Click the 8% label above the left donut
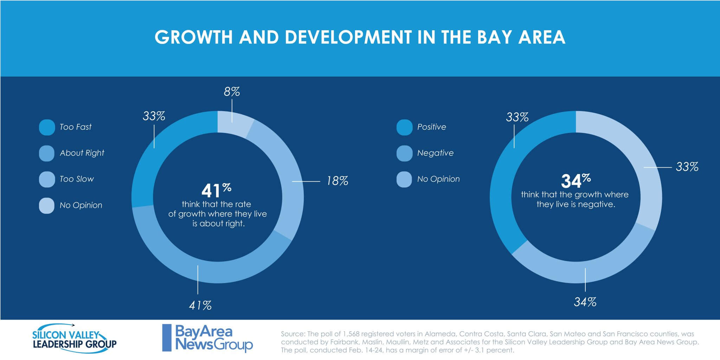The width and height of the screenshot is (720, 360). (232, 92)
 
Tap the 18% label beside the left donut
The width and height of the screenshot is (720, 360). (337, 181)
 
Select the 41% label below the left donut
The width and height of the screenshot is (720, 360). (200, 305)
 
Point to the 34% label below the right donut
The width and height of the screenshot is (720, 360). (585, 302)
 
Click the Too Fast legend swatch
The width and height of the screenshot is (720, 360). (47, 127)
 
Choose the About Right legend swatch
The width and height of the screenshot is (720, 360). (47, 153)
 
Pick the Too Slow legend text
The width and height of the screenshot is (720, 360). (77, 179)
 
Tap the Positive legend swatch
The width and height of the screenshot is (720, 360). (404, 127)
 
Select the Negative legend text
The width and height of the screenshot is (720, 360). (435, 153)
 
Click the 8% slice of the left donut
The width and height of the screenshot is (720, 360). (235, 123)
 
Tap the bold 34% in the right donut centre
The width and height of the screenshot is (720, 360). (576, 181)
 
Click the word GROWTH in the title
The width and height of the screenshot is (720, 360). (194, 37)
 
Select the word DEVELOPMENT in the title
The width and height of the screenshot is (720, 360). (348, 37)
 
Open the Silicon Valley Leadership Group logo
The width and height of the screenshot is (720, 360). (74, 336)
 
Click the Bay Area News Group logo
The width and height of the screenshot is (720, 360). (207, 338)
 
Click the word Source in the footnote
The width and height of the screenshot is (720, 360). (293, 334)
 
